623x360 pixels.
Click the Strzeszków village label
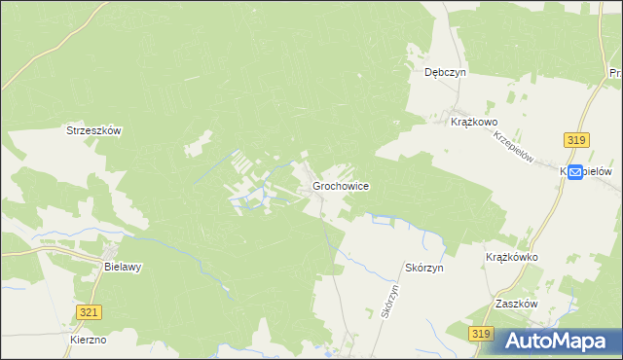coord(92,129)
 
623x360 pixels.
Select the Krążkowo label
coord(474,122)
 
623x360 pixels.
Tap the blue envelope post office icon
coord(574,171)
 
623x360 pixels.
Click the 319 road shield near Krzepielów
coord(575,141)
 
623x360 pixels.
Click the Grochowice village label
coord(340,185)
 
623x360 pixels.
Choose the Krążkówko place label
coord(511,258)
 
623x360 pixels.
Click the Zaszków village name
coord(516,304)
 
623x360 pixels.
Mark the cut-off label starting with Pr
coord(615,73)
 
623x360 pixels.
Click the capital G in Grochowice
coord(316,185)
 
